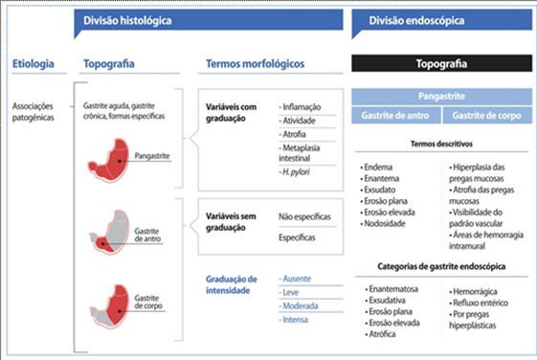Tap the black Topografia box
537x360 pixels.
[441, 64]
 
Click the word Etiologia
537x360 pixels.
[33, 64]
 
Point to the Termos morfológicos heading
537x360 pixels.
[256, 64]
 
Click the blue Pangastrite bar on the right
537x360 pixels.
[442, 97]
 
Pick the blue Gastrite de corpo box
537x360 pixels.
[487, 116]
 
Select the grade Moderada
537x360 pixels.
[300, 305]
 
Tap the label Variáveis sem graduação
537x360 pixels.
[231, 223]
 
